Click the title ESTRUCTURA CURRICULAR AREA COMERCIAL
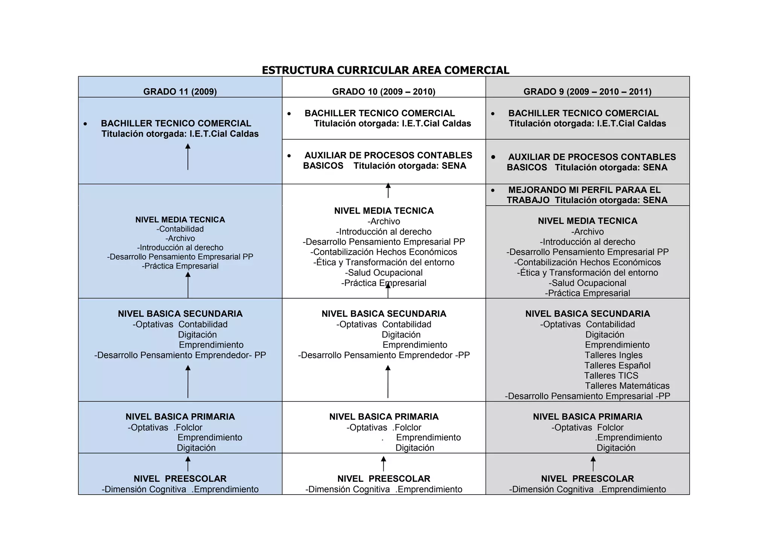point(385,70)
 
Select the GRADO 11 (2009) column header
point(180,92)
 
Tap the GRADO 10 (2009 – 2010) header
point(384,92)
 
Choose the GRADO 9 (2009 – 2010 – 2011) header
point(587,92)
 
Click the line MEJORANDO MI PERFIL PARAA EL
point(584,190)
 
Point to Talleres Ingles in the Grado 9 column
point(613,355)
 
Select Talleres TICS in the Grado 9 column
point(611,376)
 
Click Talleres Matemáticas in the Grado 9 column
point(627,386)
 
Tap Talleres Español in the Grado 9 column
point(617,365)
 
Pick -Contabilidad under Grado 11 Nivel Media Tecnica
point(180,229)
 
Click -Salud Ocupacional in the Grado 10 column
point(384,273)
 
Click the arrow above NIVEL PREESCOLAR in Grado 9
point(593,464)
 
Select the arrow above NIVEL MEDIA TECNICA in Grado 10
point(388,191)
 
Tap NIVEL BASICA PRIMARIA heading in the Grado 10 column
point(384,417)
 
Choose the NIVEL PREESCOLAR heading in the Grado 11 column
point(180,479)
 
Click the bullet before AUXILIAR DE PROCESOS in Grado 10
point(289,156)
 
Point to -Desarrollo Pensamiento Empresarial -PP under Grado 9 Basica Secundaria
point(587,396)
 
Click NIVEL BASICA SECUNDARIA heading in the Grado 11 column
point(180,314)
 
